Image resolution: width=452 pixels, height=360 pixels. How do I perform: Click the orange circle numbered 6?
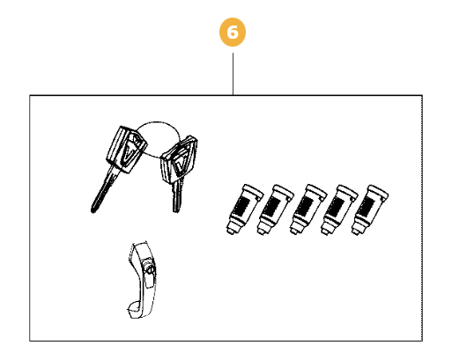click(x=233, y=33)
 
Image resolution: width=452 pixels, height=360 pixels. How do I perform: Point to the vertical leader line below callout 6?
click(x=233, y=74)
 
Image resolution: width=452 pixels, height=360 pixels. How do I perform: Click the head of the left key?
click(x=126, y=150)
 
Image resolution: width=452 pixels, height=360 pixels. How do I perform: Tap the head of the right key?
click(x=179, y=160)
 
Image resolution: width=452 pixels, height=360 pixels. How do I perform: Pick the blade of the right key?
click(x=177, y=195)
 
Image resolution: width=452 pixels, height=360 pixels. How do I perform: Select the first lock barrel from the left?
click(x=244, y=209)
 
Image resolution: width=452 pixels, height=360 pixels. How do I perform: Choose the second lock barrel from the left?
click(x=275, y=209)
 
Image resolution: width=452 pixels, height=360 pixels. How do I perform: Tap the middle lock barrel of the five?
click(x=308, y=209)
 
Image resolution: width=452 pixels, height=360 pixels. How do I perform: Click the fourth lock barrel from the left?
click(x=339, y=209)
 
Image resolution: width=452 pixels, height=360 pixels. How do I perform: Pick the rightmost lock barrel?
click(x=369, y=209)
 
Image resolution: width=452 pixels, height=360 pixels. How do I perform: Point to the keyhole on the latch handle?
click(x=149, y=270)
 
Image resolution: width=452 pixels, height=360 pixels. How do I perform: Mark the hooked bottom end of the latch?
click(x=135, y=311)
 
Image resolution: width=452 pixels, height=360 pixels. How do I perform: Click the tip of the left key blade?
click(x=93, y=210)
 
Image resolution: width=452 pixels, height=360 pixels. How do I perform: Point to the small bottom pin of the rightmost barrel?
click(x=355, y=232)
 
